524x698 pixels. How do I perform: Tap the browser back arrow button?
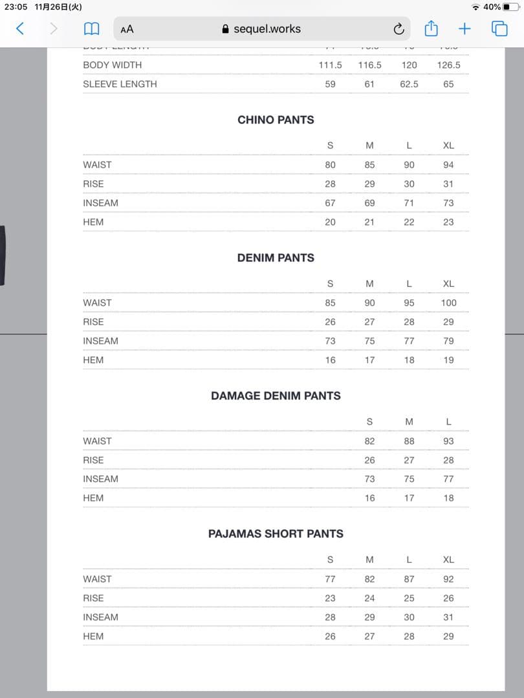pos(20,28)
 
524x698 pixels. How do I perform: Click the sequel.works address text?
pos(267,29)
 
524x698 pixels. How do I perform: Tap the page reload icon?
pos(398,29)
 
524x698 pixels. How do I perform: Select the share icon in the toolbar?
pos(431,28)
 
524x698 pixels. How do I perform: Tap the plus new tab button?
pos(464,28)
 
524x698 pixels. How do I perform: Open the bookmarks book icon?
pos(92,29)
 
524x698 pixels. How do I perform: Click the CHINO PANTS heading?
pos(276,120)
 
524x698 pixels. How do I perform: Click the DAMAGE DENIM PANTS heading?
pos(276,396)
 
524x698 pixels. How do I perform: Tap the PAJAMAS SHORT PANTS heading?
pos(276,534)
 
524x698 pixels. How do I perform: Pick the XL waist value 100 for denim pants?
pos(448,302)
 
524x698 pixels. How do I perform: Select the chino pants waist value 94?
pos(448,165)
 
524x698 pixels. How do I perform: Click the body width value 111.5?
pos(330,65)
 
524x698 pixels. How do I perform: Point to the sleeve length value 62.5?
pos(409,84)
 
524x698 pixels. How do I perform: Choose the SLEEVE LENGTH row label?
pos(120,84)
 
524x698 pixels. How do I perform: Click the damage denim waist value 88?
pos(409,441)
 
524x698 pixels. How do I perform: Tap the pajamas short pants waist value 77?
pos(330,579)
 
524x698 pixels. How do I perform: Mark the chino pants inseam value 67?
pos(330,203)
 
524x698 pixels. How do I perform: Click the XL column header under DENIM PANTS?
pos(448,284)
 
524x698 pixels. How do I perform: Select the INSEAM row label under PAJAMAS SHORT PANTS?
pos(100,617)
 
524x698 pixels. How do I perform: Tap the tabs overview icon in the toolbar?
pos(499,28)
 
